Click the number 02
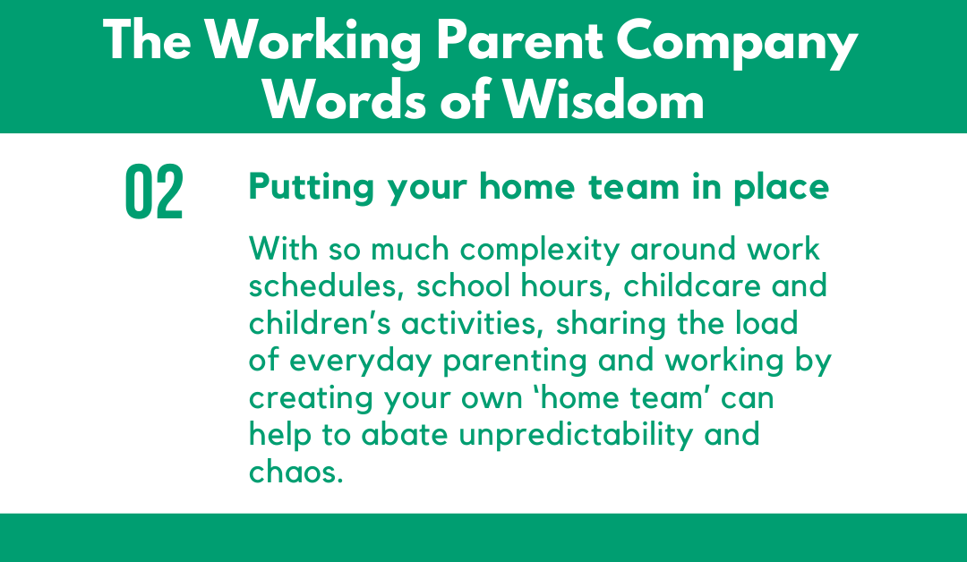point(154,192)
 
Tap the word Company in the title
point(736,43)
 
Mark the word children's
point(320,324)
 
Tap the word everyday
point(360,362)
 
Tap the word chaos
point(295,472)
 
